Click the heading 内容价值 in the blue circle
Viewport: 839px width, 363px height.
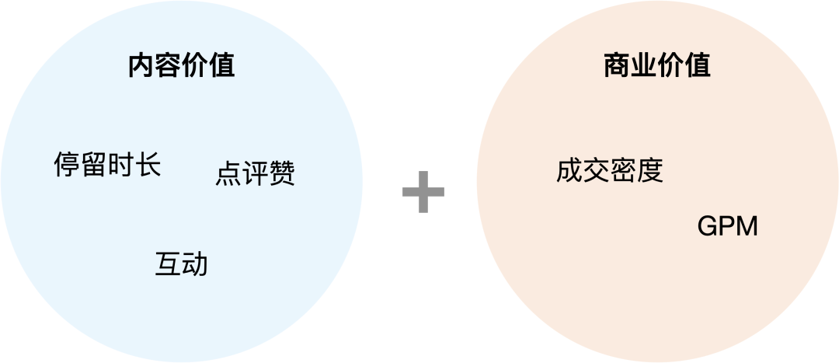(181, 66)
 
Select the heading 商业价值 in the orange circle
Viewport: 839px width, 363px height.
(657, 66)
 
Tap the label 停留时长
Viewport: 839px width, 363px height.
(107, 165)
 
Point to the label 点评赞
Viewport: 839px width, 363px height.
(255, 173)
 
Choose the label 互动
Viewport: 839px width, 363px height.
(181, 264)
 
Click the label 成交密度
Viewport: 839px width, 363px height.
(610, 170)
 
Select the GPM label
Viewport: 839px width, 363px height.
(727, 227)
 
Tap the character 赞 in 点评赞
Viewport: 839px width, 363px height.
(282, 173)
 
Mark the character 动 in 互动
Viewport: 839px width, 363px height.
(195, 264)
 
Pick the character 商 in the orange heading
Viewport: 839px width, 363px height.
(617, 66)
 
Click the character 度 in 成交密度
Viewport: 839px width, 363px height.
(650, 170)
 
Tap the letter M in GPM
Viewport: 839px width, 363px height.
(747, 227)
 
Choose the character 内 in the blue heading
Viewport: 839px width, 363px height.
(141, 66)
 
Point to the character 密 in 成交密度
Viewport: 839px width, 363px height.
(624, 170)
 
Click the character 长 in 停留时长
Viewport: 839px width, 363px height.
(148, 165)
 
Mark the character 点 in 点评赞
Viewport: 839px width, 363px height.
(228, 173)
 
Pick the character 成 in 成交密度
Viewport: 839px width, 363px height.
(569, 170)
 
